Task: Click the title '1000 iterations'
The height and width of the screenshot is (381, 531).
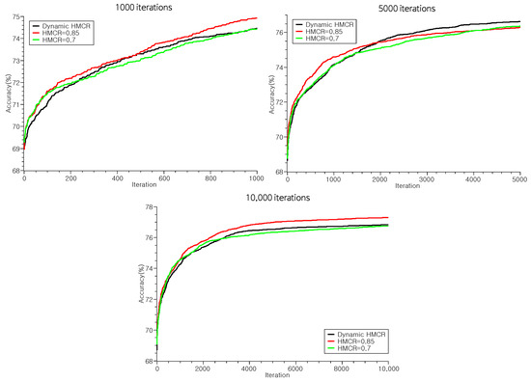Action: pos(139,7)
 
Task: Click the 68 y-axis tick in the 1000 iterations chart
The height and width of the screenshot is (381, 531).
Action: pos(14,171)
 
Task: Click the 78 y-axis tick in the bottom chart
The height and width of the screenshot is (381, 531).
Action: pos(147,207)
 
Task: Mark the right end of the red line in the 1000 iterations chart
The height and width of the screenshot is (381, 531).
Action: pos(257,17)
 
